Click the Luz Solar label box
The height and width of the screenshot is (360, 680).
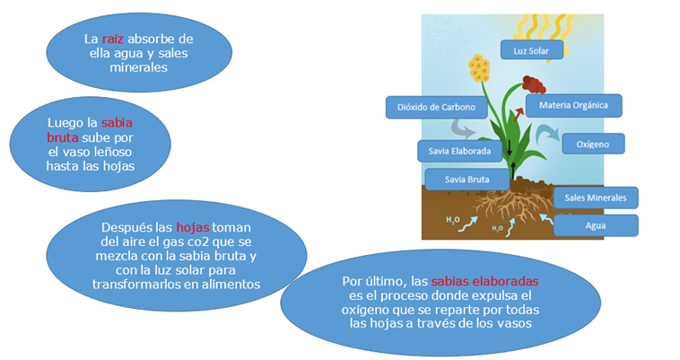(x=532, y=50)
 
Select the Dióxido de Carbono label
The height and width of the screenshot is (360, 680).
(x=436, y=107)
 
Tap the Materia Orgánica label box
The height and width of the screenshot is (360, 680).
(x=574, y=105)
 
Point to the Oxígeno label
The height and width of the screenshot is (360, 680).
(x=593, y=144)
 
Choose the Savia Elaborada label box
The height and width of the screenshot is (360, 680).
(x=459, y=151)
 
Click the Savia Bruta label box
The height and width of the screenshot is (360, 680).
(x=467, y=180)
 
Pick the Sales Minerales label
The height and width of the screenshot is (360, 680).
(x=596, y=198)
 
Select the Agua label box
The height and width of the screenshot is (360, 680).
(x=596, y=225)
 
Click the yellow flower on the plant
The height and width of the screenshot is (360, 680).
(x=479, y=68)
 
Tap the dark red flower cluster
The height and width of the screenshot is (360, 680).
(x=534, y=84)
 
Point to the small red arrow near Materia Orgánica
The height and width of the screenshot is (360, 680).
(x=519, y=115)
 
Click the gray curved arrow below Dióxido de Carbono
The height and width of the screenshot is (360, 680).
(x=463, y=128)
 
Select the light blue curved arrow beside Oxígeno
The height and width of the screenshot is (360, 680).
(x=547, y=134)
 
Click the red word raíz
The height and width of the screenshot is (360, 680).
(x=113, y=39)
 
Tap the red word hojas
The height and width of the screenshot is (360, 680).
(x=193, y=227)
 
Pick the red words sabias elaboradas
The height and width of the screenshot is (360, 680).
(x=484, y=281)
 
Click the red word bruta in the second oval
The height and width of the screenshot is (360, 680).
(x=63, y=137)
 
